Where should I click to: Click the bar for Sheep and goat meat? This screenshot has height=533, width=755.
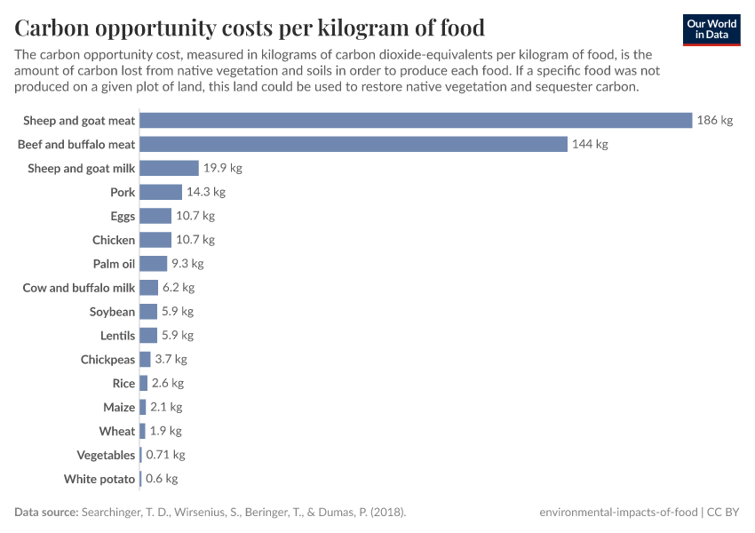(x=416, y=120)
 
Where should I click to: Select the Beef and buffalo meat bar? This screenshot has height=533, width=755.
(x=354, y=144)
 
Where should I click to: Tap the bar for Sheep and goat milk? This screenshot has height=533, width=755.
(x=169, y=168)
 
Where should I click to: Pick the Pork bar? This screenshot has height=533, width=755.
(x=161, y=192)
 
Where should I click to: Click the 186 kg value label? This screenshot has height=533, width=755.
(x=715, y=120)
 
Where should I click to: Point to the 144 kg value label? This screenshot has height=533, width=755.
(x=590, y=144)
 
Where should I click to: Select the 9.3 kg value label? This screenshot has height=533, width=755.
(x=187, y=264)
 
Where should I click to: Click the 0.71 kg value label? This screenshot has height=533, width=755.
(x=165, y=455)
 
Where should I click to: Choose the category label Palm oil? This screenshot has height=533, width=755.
(x=114, y=264)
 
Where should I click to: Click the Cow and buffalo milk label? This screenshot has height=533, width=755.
(x=79, y=288)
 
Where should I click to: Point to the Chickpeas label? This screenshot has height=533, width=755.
(x=107, y=360)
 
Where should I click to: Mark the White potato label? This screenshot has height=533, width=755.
(x=99, y=479)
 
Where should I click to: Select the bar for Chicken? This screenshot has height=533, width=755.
(x=155, y=240)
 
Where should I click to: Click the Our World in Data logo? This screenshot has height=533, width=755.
(x=711, y=29)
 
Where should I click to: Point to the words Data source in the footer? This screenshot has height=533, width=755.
(x=46, y=513)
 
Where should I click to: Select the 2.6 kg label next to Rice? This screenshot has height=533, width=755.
(x=168, y=384)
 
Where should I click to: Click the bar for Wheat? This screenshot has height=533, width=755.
(x=142, y=431)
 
